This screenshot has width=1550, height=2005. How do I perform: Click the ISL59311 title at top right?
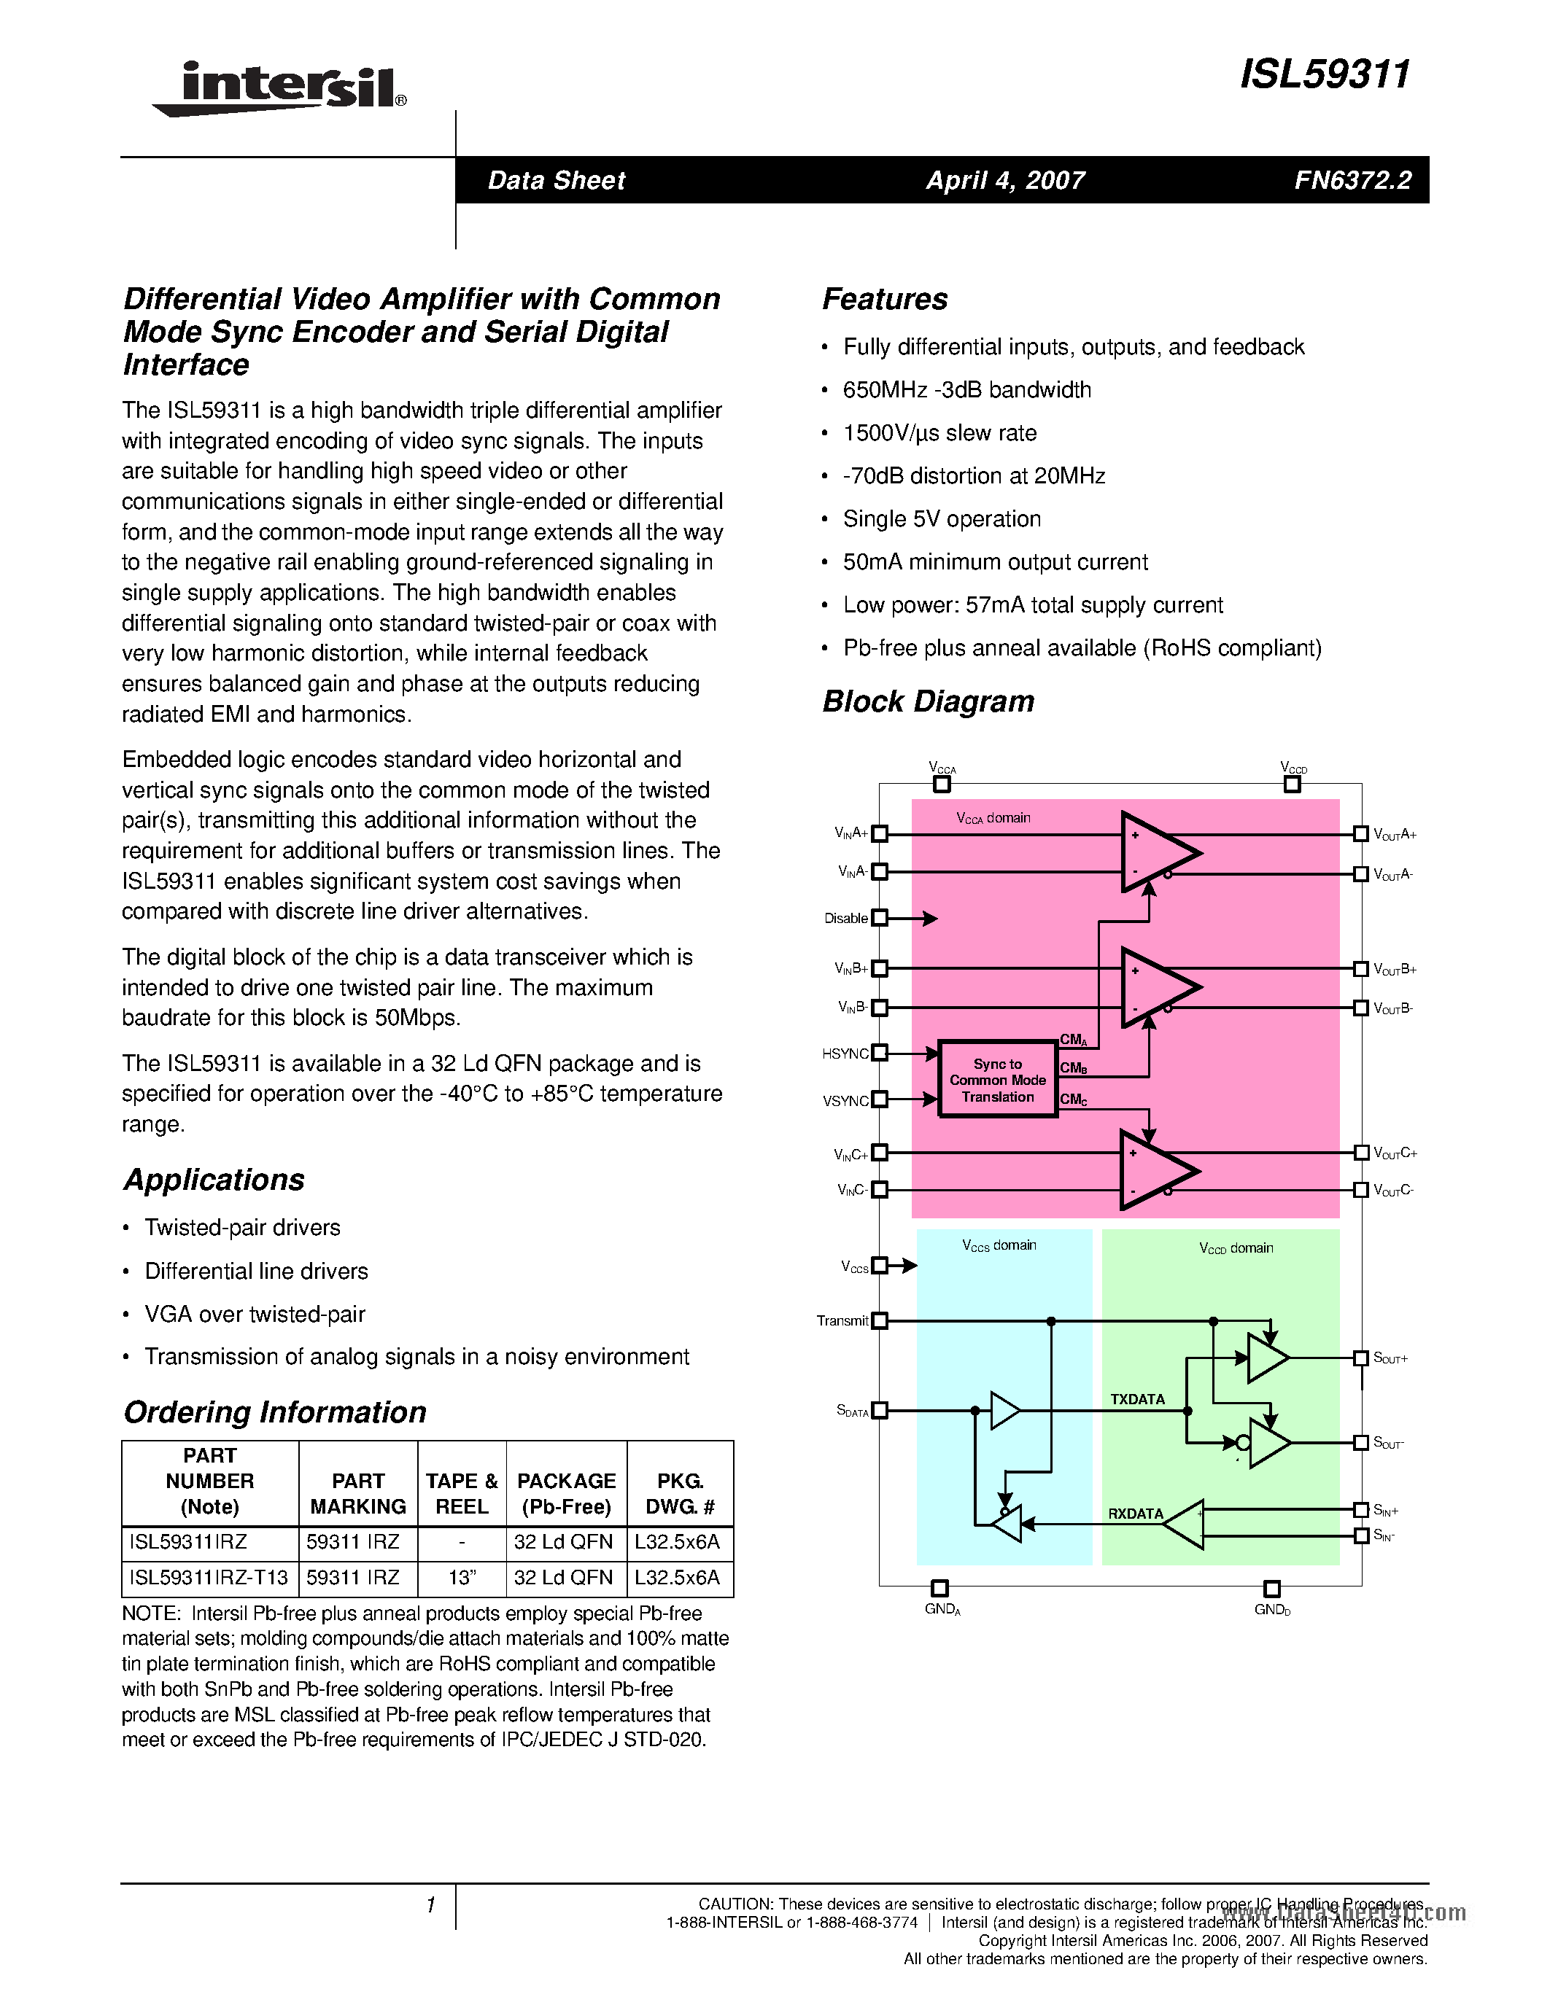tap(1324, 74)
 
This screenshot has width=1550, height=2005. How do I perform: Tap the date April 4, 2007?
tap(1004, 180)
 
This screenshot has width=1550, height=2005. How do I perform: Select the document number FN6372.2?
tap(1352, 180)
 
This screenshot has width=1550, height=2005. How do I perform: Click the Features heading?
tap(884, 299)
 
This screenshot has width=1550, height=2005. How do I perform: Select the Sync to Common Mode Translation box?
tap(997, 1080)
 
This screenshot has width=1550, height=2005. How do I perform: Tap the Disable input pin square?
tap(880, 917)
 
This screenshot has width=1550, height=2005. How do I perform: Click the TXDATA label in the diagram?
tap(1137, 1399)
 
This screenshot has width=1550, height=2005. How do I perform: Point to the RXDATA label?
tap(1135, 1514)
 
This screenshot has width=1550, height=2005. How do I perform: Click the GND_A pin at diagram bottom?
tap(939, 1588)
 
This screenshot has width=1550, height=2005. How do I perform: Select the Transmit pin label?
tap(842, 1321)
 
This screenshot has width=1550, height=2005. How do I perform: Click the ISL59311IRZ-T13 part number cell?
tap(209, 1577)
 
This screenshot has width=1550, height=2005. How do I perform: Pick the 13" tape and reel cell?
tap(461, 1577)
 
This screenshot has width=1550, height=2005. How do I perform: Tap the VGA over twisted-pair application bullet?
tap(255, 1315)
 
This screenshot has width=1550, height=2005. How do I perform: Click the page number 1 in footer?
tap(430, 1906)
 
